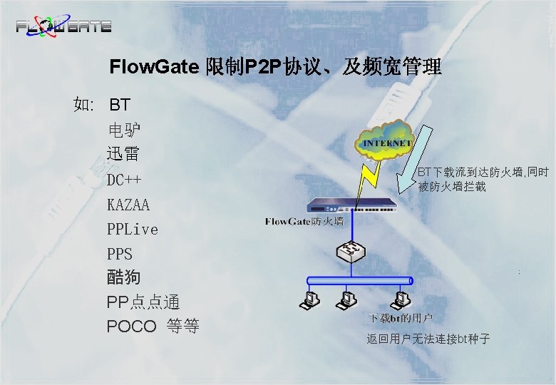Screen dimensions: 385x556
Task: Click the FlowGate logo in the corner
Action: click(x=63, y=26)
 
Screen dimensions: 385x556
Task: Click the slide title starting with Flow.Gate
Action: click(x=275, y=68)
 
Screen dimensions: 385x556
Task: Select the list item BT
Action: click(x=119, y=106)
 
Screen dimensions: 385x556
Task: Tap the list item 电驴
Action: click(x=124, y=130)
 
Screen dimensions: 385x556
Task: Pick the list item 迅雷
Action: click(x=123, y=153)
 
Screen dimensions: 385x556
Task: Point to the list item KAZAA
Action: click(x=128, y=205)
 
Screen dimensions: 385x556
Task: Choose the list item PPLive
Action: click(x=133, y=230)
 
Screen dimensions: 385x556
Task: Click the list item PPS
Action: click(x=120, y=254)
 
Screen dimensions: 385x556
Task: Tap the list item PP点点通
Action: click(x=143, y=302)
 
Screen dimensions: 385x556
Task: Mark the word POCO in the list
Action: click(x=131, y=327)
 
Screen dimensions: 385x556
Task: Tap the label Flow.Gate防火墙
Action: click(x=304, y=222)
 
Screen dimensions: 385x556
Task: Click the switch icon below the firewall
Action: click(x=349, y=252)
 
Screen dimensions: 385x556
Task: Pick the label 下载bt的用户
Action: click(x=401, y=317)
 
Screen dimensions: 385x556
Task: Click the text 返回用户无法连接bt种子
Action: click(x=428, y=339)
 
